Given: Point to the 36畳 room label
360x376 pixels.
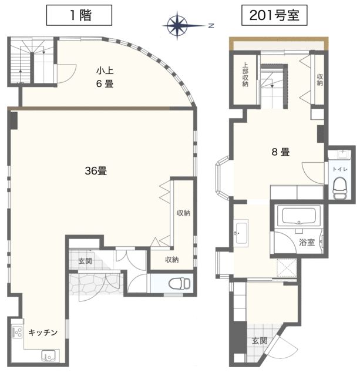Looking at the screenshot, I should click(x=95, y=172).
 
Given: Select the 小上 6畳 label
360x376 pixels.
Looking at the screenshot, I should click(x=105, y=78).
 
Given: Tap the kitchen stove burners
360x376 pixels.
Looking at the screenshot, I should click(x=17, y=333).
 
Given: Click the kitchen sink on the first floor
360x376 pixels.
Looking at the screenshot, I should click(x=47, y=356).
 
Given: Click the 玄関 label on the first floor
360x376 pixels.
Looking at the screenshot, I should click(x=85, y=261).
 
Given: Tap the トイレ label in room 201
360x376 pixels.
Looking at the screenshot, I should click(x=340, y=169).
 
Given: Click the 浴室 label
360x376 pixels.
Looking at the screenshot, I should click(x=307, y=241).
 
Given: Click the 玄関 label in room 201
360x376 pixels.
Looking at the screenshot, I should click(x=260, y=341).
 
